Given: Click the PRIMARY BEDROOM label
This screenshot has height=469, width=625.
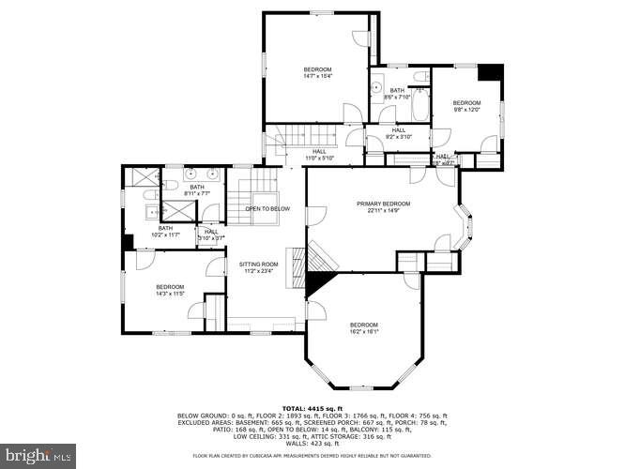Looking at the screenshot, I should (x=382, y=207).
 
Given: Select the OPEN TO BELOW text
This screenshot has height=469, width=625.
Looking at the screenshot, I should (x=267, y=208).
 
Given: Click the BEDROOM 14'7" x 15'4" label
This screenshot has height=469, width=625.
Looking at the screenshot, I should (x=317, y=73).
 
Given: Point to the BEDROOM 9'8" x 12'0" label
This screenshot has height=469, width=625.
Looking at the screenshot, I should (x=466, y=106).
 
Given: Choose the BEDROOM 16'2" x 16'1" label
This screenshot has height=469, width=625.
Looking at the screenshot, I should (x=364, y=328).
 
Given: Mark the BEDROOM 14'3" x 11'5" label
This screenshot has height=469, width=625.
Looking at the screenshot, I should (x=170, y=290).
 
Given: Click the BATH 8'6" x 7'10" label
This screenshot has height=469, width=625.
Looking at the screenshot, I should (x=397, y=94).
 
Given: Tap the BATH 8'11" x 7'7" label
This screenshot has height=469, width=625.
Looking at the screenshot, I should (x=197, y=189).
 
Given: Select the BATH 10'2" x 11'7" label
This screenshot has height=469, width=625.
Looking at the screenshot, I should (x=165, y=231).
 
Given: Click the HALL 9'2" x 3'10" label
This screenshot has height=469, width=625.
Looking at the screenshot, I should (x=398, y=134).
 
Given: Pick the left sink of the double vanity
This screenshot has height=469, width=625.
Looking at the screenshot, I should (x=190, y=174).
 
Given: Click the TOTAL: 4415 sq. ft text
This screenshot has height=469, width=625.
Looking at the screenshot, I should (x=312, y=409).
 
